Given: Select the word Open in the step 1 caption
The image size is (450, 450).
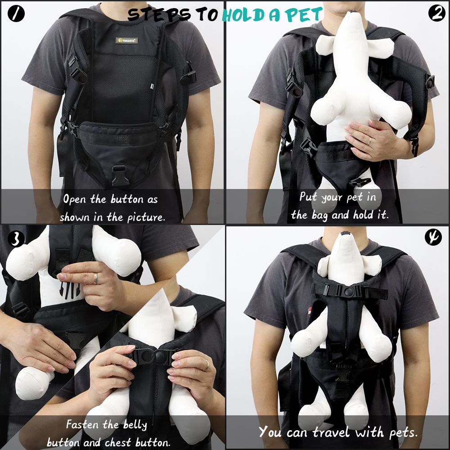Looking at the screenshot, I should pos(76,199).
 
